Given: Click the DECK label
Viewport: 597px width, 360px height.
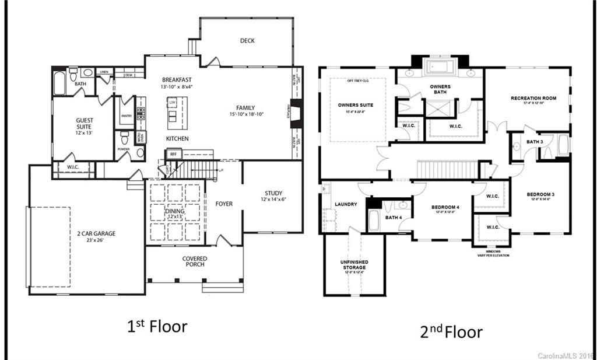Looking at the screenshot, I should [x=247, y=41].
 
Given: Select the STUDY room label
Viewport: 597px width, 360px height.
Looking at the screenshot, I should [x=273, y=193].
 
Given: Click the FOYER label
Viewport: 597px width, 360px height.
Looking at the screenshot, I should [x=224, y=204].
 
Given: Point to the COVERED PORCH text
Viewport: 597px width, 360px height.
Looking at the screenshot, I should [x=194, y=262].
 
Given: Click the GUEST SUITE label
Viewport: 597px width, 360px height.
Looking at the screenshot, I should [x=85, y=123].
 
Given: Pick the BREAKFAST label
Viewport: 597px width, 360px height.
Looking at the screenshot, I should [x=177, y=79].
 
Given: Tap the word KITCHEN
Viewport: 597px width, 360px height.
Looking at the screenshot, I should [x=177, y=139].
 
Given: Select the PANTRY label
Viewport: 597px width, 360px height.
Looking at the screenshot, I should [x=127, y=116].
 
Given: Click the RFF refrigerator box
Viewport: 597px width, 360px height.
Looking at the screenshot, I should [x=174, y=154].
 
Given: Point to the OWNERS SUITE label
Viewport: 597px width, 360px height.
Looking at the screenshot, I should [x=355, y=106].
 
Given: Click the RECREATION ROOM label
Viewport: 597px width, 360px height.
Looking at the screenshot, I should [x=533, y=98].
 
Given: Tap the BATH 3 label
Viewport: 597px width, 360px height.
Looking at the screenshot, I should [x=535, y=142].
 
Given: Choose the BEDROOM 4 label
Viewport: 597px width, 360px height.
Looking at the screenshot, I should [x=445, y=207].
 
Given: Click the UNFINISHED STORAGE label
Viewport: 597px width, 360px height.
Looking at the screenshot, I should [x=354, y=264].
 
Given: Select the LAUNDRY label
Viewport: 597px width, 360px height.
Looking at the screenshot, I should [x=346, y=204].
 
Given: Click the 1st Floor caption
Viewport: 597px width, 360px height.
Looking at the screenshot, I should [x=157, y=326].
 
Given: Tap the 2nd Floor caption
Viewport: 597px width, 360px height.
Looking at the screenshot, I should [x=451, y=332].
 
